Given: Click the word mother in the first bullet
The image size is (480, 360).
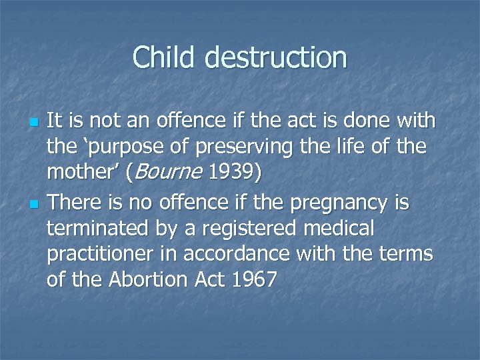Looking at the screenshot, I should click(x=79, y=173).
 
